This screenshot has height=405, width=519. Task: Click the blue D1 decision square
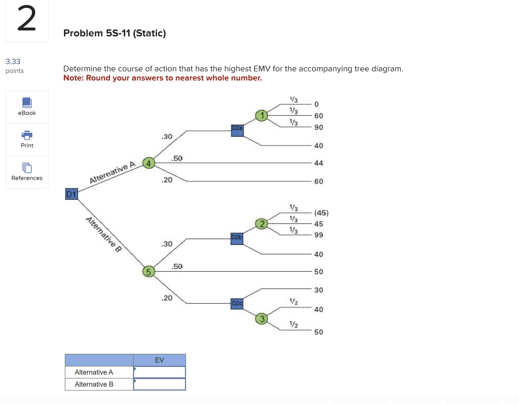tap(71, 194)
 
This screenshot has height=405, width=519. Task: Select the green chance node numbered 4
tap(149, 163)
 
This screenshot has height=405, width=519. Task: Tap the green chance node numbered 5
tap(149, 272)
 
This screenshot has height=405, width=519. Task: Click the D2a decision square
tap(237, 130)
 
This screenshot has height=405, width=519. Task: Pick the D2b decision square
tap(237, 239)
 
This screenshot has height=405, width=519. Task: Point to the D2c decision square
tap(237, 304)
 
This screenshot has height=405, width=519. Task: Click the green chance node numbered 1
tap(261, 115)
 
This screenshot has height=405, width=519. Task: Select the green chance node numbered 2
tap(262, 224)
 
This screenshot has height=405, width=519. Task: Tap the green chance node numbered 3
tap(262, 319)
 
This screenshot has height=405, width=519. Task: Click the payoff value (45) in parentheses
tap(321, 213)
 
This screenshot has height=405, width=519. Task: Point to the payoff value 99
tap(319, 235)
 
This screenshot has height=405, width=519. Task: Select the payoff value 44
tap(319, 163)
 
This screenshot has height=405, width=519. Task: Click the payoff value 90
tap(319, 127)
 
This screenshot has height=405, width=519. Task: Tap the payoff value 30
tap(319, 290)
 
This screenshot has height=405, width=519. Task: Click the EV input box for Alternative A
tap(160, 372)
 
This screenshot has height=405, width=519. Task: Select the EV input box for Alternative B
tap(160, 384)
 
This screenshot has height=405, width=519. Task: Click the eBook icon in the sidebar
tap(27, 103)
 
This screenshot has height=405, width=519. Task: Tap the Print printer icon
tap(27, 135)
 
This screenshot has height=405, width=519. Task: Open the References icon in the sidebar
tap(27, 168)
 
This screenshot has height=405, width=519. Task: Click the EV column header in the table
tap(160, 360)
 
